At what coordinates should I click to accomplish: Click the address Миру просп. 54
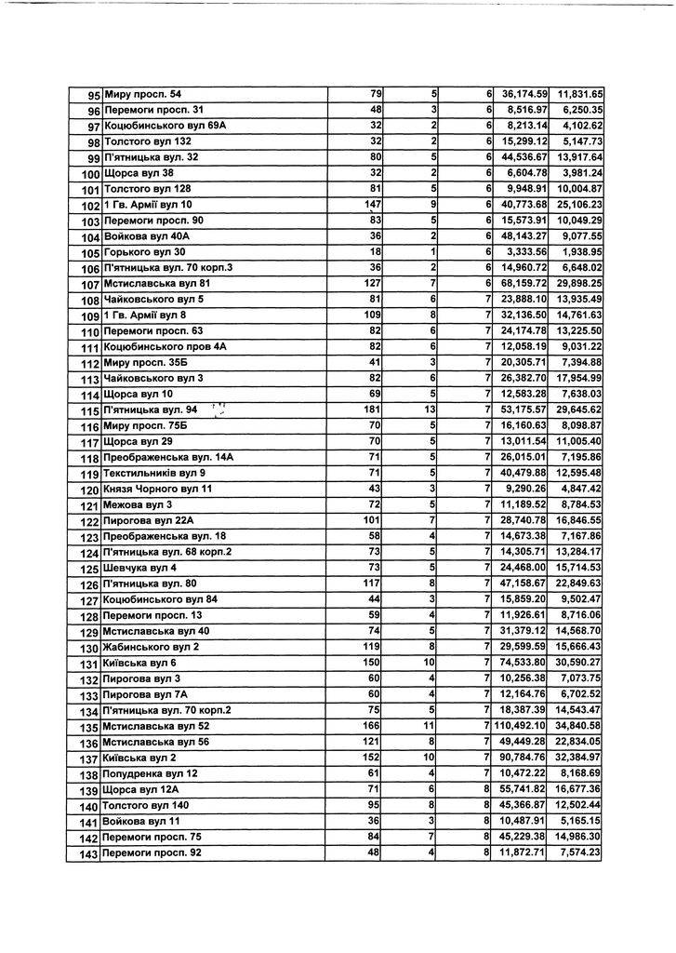[143, 95]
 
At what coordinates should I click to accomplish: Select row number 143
[89, 853]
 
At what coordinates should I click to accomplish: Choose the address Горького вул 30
[145, 252]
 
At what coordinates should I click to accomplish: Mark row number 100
[90, 174]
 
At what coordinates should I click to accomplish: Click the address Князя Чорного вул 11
[158, 490]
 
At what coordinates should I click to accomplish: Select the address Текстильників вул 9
[154, 474]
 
